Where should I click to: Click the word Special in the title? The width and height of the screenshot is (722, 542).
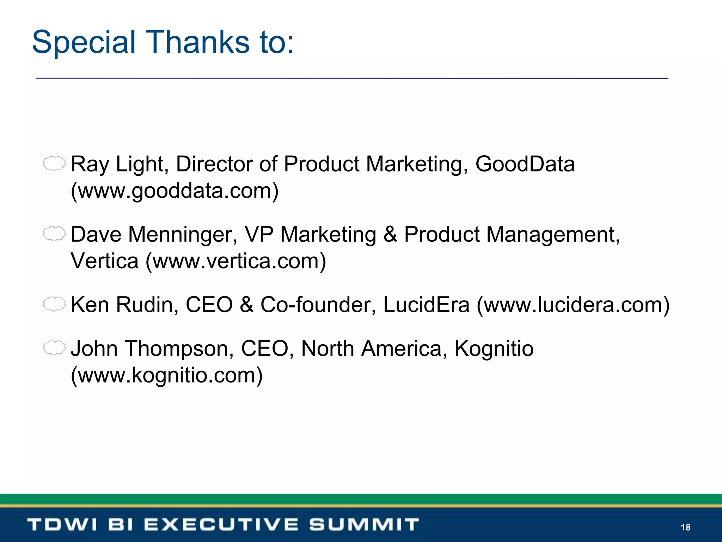[84, 42]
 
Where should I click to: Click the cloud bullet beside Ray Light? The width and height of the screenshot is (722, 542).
[54, 163]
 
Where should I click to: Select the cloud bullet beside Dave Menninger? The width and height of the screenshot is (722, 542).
[54, 234]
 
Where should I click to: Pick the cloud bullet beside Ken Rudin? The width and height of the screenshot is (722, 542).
[54, 304]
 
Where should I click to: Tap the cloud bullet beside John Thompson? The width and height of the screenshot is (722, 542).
[54, 348]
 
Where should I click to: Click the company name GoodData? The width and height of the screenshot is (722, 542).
[525, 164]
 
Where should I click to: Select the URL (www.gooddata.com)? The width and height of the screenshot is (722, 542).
[175, 191]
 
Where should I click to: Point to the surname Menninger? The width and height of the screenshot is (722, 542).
[183, 234]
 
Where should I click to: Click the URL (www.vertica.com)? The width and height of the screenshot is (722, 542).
[236, 261]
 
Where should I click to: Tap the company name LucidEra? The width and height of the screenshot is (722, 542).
[426, 305]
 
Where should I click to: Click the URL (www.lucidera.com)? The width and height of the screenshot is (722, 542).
[573, 305]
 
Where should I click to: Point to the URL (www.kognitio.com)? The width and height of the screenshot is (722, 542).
[167, 375]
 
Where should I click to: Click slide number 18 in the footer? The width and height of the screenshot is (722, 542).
[685, 527]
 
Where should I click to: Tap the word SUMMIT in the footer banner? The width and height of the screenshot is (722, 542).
[364, 524]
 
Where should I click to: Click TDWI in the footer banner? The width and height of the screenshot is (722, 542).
[62, 524]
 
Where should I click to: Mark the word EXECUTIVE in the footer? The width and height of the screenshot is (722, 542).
[221, 524]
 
